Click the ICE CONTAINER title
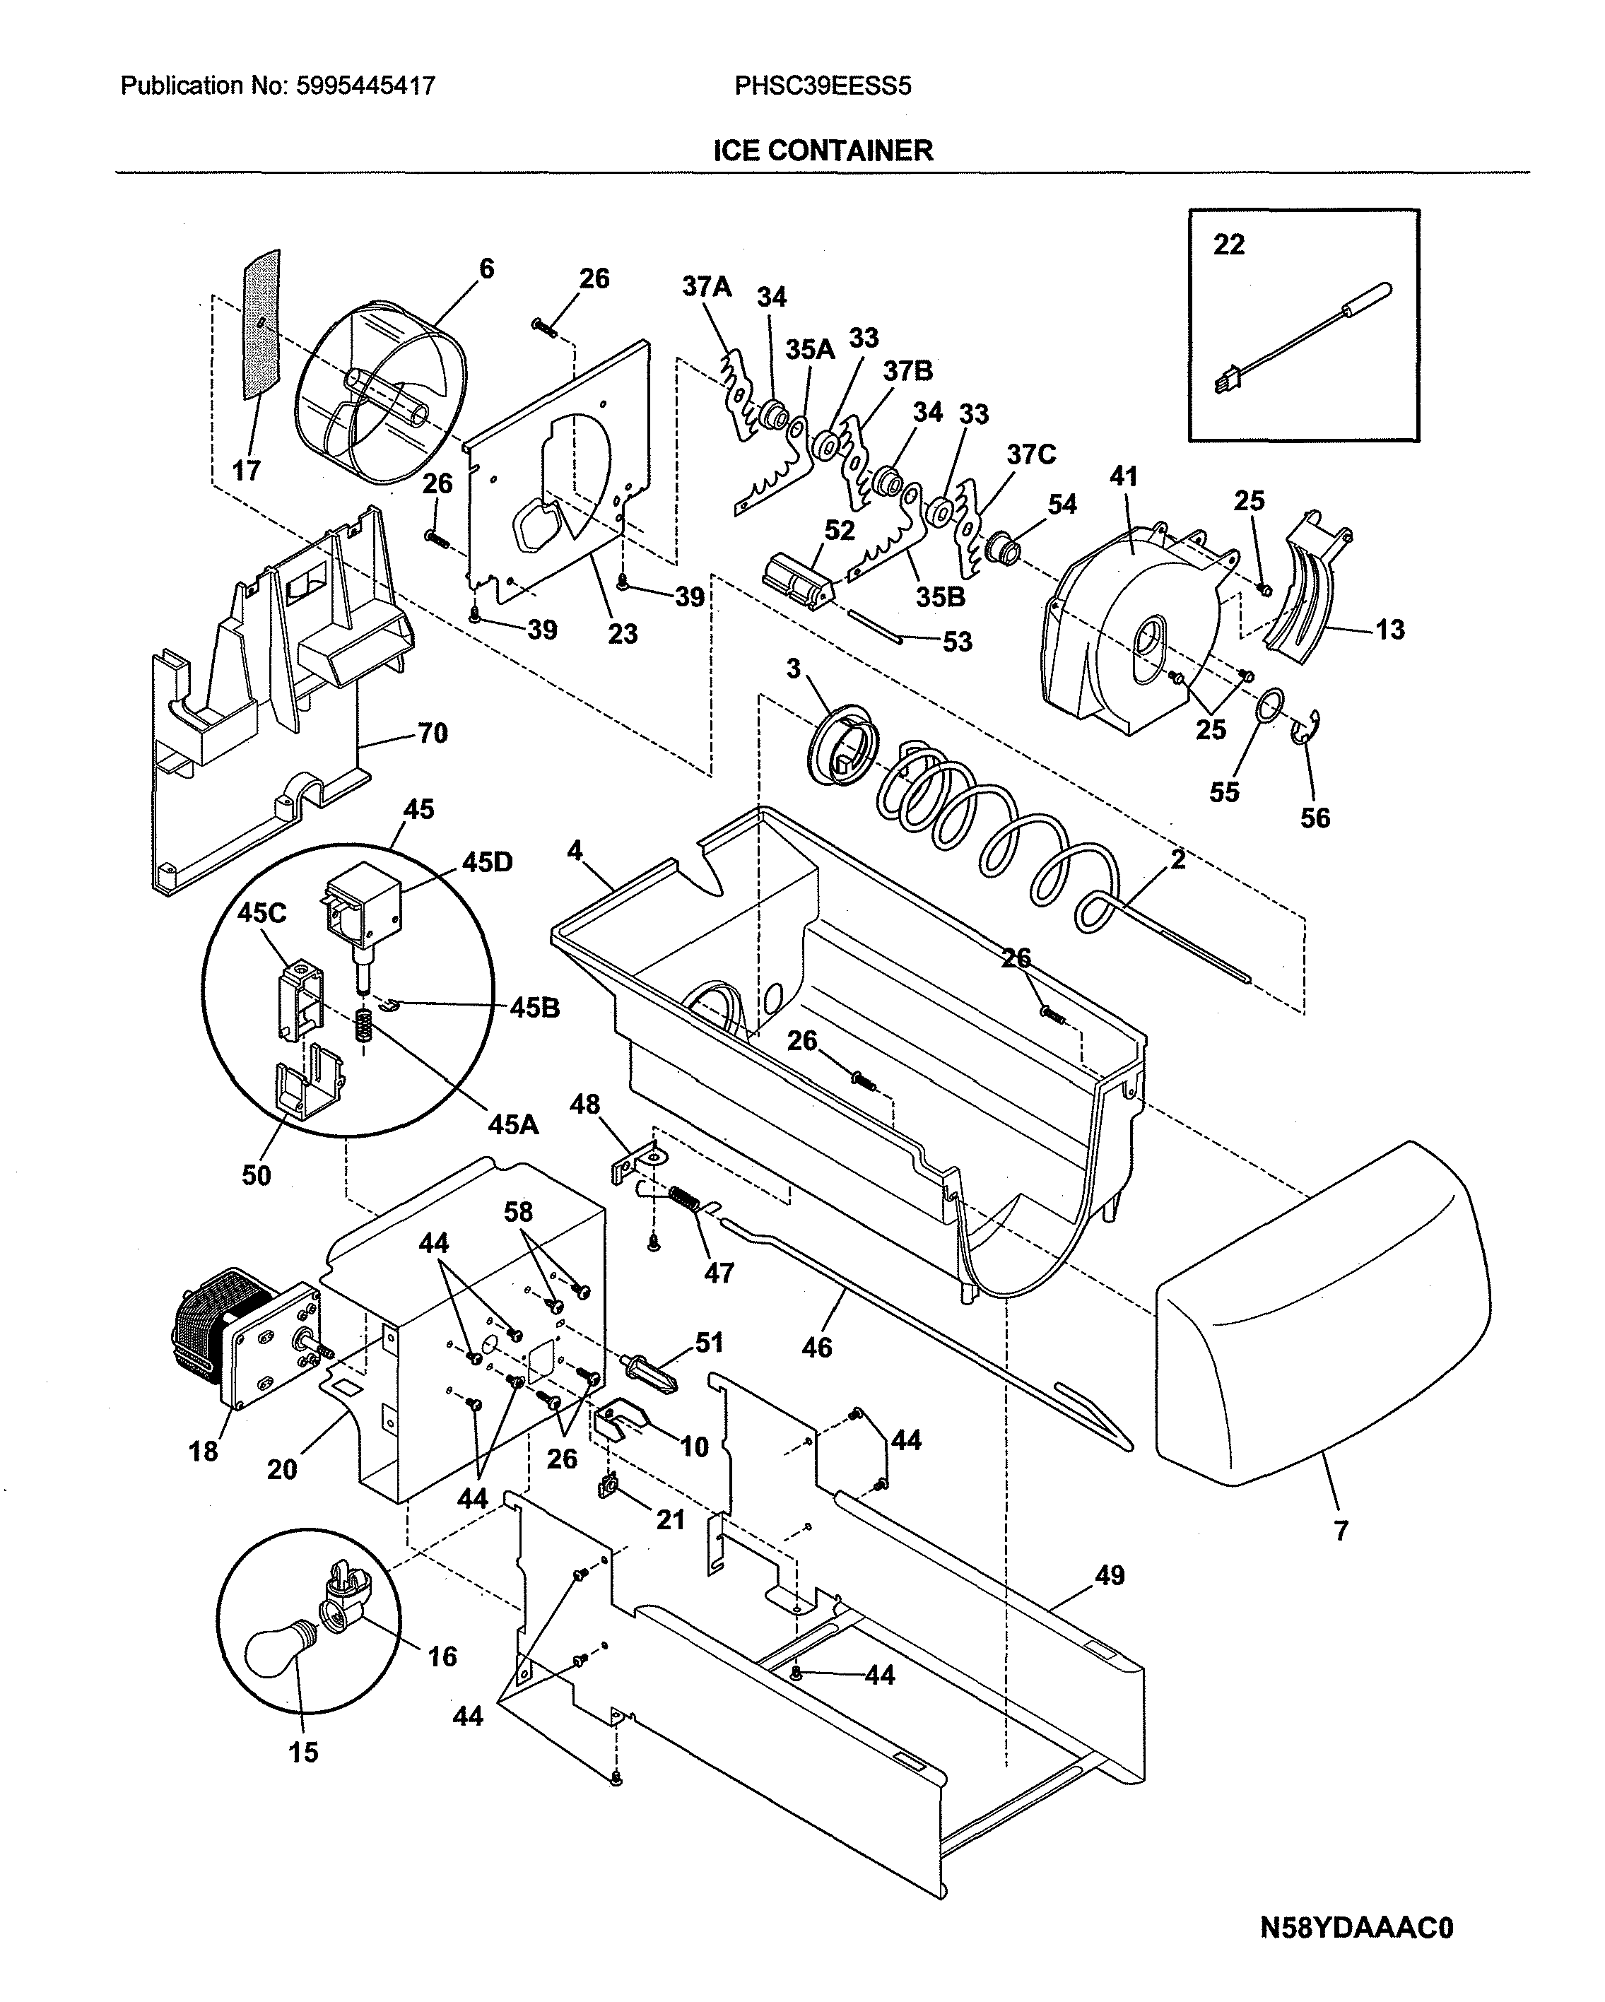(x=822, y=151)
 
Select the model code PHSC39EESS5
(x=822, y=86)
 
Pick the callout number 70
(x=433, y=734)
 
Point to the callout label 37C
(x=1031, y=455)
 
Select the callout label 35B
(x=940, y=597)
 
